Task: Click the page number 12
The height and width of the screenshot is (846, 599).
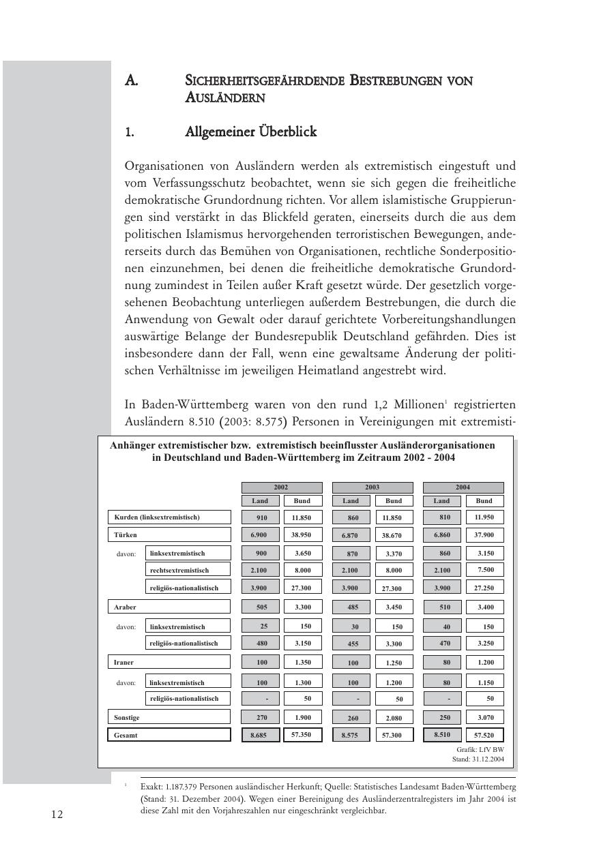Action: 57,814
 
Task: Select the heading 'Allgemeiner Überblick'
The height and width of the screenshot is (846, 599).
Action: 250,132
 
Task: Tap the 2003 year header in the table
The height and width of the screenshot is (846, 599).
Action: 372,487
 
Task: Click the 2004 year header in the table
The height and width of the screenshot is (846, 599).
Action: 463,487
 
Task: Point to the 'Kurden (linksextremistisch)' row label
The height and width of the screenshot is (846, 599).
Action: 157,517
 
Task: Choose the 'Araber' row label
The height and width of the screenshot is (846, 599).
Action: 126,607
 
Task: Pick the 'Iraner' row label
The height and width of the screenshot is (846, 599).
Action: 124,662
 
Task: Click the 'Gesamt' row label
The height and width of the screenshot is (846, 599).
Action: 126,735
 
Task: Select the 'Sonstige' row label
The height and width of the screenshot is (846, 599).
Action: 127,717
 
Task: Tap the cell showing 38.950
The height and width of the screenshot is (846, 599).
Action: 302,535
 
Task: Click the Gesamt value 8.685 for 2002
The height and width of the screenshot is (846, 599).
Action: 260,735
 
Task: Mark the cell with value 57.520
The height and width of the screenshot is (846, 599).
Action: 484,736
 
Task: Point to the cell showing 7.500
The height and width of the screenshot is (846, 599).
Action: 484,570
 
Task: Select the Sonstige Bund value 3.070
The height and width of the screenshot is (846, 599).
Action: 484,717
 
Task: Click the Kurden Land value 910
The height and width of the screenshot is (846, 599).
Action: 261,518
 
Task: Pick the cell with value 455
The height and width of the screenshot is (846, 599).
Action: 351,644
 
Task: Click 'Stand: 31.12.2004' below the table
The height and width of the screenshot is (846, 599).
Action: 478,758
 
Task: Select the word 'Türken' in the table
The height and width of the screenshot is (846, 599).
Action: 126,535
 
